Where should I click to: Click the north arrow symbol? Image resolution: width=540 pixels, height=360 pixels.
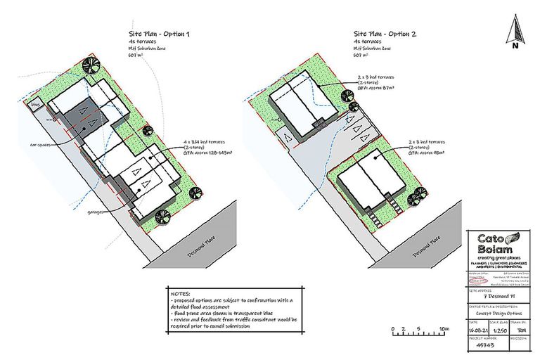pos(515,31)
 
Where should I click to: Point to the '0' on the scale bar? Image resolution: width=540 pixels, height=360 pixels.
pos(391,328)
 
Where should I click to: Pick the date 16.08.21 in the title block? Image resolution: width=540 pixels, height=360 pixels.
pos(478,329)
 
